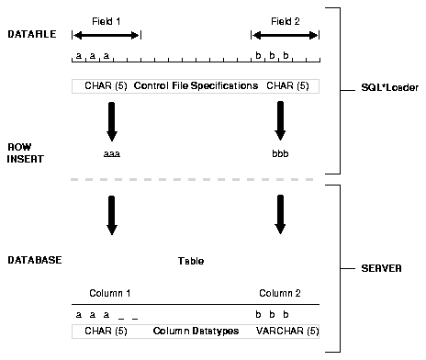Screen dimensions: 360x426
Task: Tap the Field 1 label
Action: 106,19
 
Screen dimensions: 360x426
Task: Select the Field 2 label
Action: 285,19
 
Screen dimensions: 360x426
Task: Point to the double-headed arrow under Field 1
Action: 106,35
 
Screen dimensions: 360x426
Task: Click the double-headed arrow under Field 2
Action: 285,35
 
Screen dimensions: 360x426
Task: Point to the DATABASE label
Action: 34,261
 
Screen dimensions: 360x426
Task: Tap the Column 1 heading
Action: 110,293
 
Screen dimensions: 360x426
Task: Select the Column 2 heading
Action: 277,293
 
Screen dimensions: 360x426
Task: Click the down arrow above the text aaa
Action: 112,119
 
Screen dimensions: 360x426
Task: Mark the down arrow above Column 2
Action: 280,214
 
